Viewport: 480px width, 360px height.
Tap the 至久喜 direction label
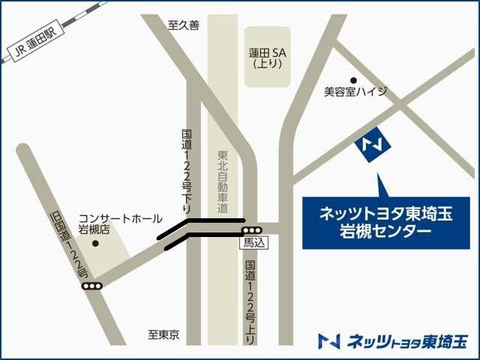184,25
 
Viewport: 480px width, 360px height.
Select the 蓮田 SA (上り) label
268,58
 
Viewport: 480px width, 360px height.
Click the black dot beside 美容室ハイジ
353,79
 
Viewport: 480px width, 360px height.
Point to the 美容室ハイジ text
355,91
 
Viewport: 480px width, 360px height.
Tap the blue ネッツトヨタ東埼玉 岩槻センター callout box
386,223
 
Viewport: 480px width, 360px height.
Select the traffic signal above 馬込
252,230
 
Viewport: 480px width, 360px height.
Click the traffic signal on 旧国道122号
92,286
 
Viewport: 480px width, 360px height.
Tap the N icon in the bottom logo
328,341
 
